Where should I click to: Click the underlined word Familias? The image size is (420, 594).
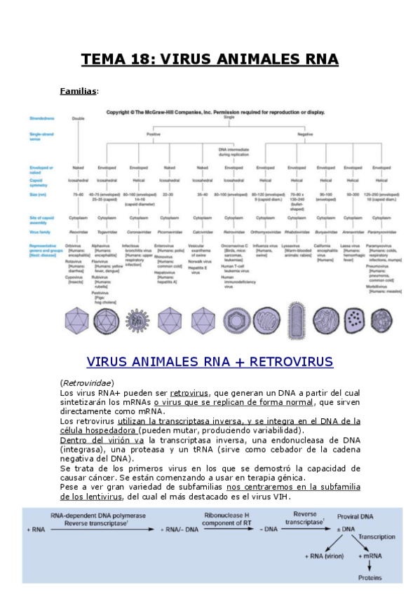coord(79,91)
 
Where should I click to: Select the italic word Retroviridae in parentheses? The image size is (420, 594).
coord(87,383)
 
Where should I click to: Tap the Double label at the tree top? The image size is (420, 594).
coord(78,118)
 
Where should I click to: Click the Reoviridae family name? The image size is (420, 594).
coord(78,230)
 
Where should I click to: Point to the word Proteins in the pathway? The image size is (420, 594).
coord(370,578)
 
